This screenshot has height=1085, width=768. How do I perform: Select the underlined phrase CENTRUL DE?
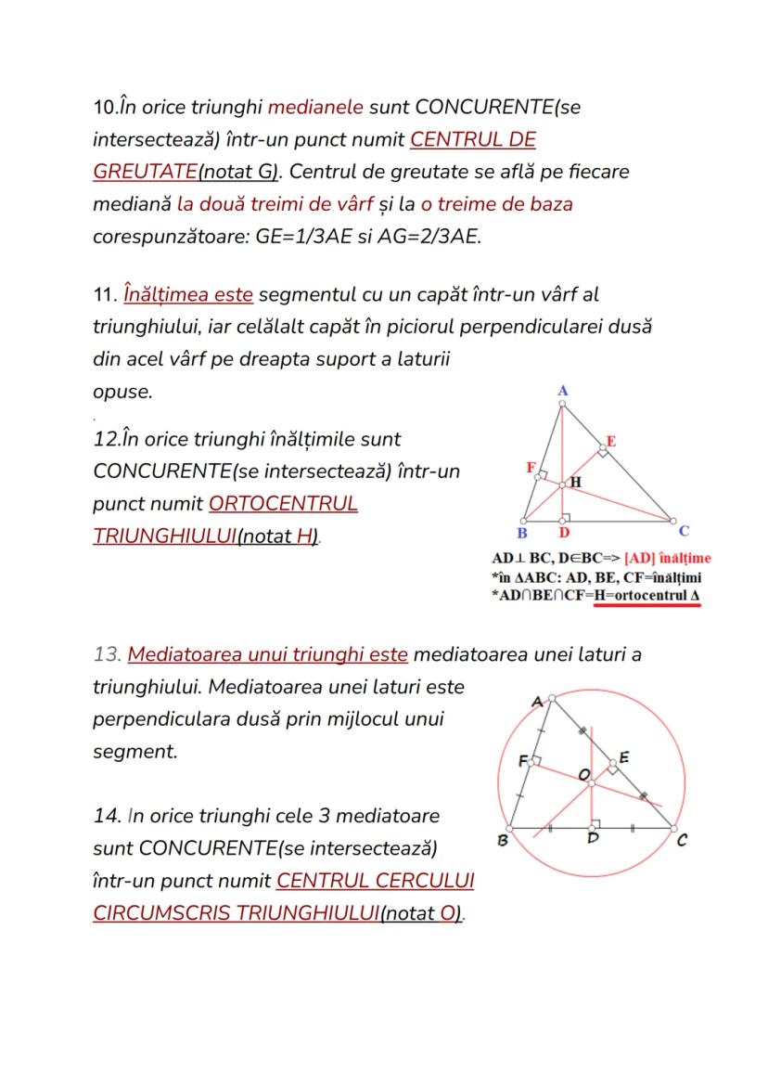pyautogui.click(x=473, y=139)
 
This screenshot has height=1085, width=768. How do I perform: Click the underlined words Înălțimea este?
pyautogui.click(x=187, y=294)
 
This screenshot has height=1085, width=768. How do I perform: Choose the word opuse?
pyautogui.click(x=122, y=391)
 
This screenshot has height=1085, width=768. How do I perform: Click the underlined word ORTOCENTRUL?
pyautogui.click(x=283, y=504)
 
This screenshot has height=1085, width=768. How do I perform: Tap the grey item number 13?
pyautogui.click(x=107, y=654)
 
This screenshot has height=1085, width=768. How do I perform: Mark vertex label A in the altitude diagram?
pyautogui.click(x=562, y=391)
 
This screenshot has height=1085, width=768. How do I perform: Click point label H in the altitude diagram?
pyautogui.click(x=575, y=482)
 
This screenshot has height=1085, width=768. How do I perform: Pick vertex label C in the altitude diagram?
pyautogui.click(x=684, y=531)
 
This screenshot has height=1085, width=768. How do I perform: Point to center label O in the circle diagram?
pyautogui.click(x=583, y=774)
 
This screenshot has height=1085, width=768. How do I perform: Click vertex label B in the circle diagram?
pyautogui.click(x=503, y=841)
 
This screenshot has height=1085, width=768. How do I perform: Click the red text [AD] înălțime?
pyautogui.click(x=668, y=559)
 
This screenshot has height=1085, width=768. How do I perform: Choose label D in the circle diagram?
pyautogui.click(x=594, y=839)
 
